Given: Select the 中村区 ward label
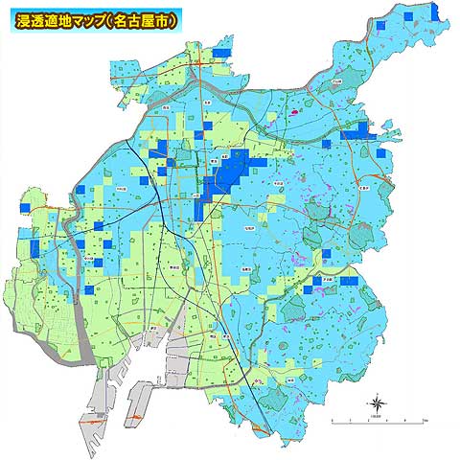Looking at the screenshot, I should click(121, 190).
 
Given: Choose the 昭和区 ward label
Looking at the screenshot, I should click(248, 228).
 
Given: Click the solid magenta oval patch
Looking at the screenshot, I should click(296, 110).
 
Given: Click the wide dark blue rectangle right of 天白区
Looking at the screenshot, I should click(350, 281).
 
